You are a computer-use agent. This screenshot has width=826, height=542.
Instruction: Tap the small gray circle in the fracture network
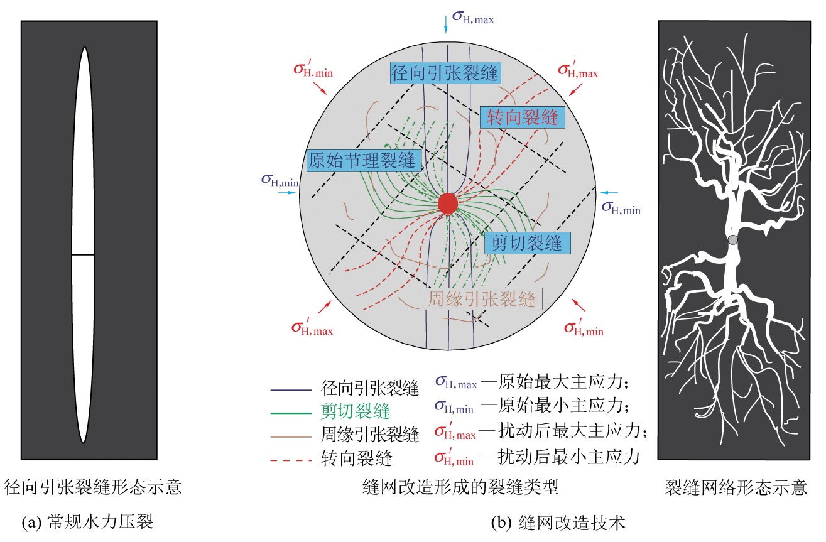(732, 239)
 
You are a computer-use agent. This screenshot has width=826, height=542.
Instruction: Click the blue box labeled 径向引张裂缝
(445, 73)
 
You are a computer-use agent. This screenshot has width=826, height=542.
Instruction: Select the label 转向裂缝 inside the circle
(522, 117)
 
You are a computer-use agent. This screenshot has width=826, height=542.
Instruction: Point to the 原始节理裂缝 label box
(362, 160)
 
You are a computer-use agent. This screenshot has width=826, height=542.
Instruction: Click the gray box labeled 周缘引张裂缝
(482, 298)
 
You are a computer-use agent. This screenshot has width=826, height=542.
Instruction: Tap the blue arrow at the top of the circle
(445, 24)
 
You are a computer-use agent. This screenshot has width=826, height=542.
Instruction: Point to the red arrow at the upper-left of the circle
(320, 88)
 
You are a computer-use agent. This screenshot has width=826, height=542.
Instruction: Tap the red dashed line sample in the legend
(291, 460)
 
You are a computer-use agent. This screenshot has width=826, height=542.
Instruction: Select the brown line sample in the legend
(291, 435)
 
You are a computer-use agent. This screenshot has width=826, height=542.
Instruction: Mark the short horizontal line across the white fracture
(83, 254)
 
